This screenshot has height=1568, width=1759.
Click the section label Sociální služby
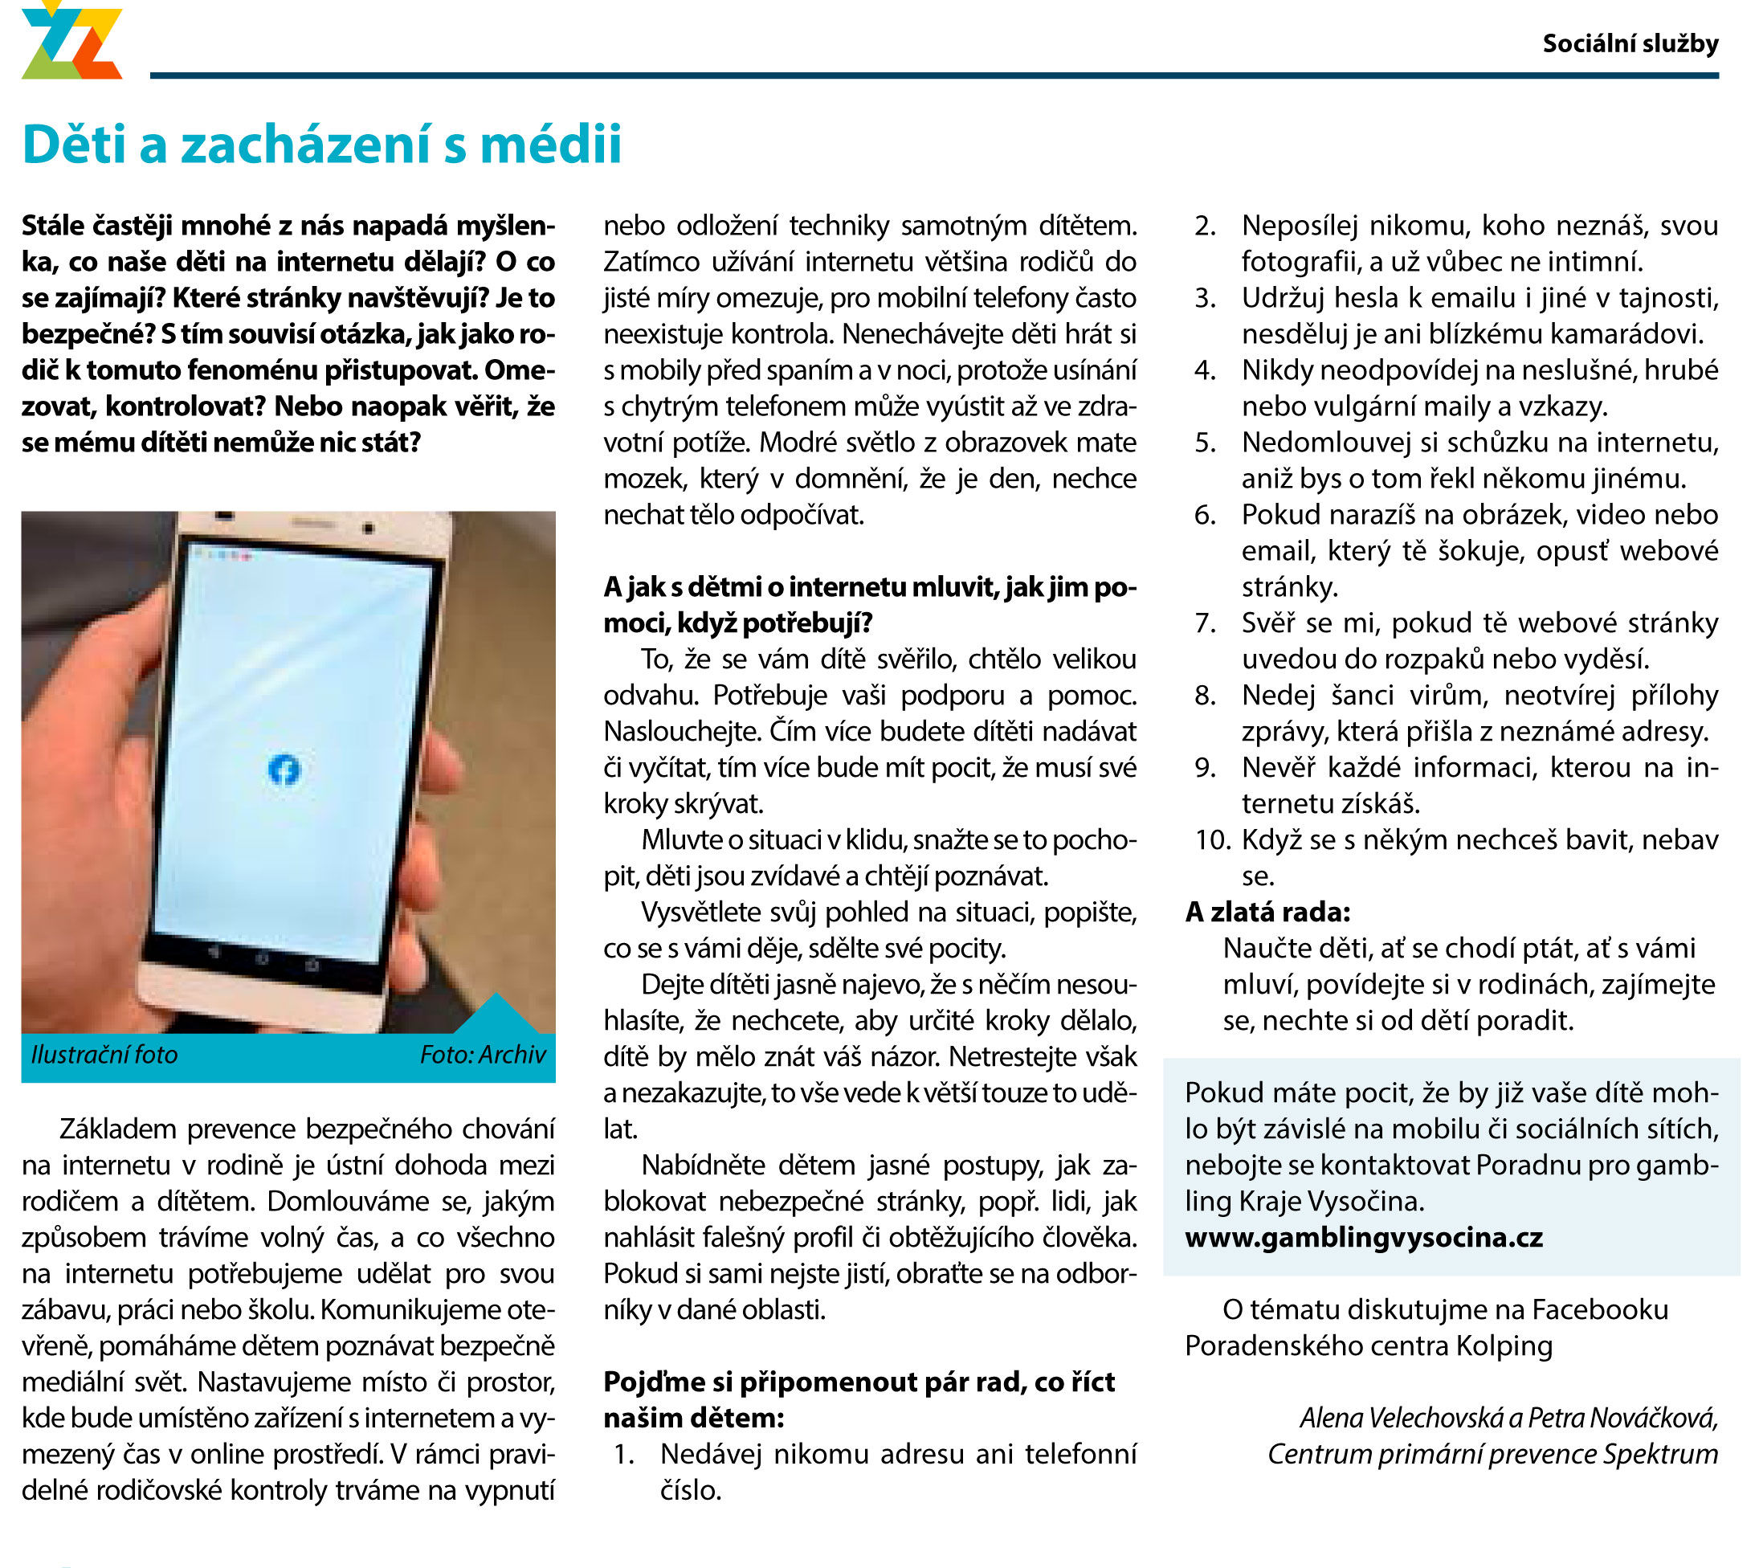click(1630, 43)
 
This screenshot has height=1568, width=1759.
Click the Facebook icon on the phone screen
click(284, 770)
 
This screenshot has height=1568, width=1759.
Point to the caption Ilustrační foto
click(104, 1055)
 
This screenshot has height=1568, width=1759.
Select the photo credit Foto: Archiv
click(483, 1055)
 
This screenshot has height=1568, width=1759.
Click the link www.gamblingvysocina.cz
click(1364, 1237)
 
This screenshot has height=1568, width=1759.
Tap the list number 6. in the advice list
click(1205, 514)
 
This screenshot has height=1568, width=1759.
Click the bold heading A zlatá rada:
click(1267, 912)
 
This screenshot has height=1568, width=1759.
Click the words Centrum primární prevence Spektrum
click(1492, 1453)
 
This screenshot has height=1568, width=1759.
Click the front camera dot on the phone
click(369, 527)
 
